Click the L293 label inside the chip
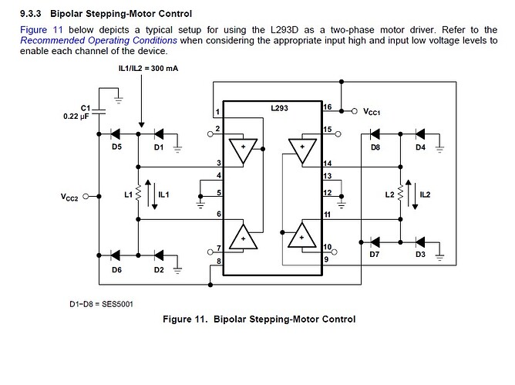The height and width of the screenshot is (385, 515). (x=279, y=109)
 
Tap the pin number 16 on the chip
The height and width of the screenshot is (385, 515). (x=327, y=107)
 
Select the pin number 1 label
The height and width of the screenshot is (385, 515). (x=217, y=113)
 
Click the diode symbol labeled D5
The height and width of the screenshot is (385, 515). (x=117, y=133)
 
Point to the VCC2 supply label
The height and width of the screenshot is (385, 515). (x=71, y=197)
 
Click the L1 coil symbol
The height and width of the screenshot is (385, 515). (x=137, y=194)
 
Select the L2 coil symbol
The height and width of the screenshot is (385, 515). (x=400, y=194)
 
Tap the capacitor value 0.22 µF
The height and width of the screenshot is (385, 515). (x=76, y=117)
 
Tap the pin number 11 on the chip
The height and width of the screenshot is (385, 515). (x=327, y=214)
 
